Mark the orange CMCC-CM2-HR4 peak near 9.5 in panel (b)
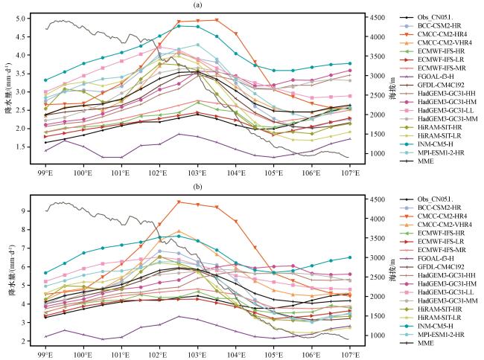tap(179, 202)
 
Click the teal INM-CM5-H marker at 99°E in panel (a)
tap(45, 80)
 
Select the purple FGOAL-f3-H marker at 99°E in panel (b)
tap(45, 336)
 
